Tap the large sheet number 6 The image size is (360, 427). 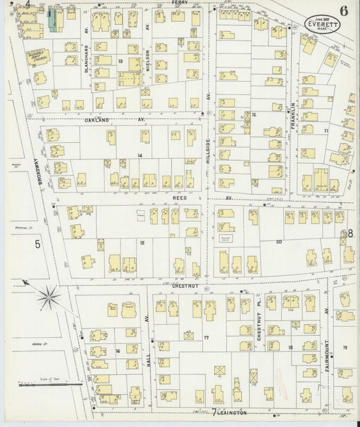[x=344, y=10]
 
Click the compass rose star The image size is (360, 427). [x=48, y=294]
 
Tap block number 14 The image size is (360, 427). [x=140, y=156]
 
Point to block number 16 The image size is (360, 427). [x=118, y=351]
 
